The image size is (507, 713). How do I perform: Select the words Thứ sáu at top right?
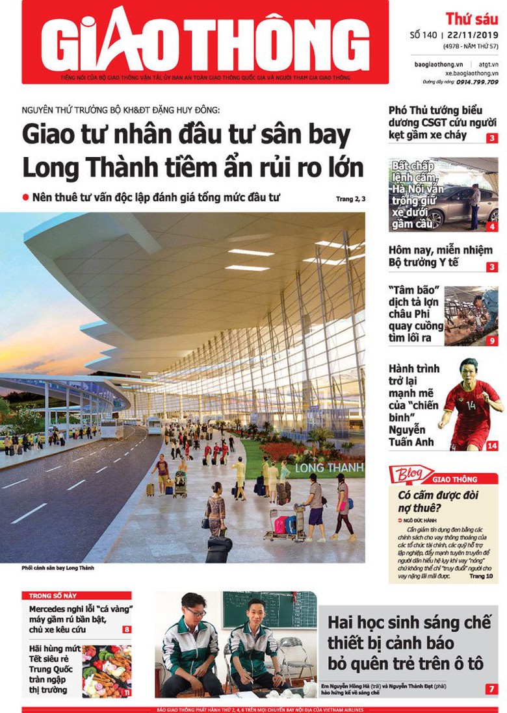(471, 18)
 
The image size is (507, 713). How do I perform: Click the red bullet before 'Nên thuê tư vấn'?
(25, 197)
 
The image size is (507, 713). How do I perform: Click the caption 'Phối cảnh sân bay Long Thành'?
(58, 568)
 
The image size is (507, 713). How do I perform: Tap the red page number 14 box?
(492, 445)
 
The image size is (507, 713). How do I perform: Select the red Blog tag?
(411, 475)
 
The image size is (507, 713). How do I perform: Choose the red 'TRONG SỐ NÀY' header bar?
(77, 595)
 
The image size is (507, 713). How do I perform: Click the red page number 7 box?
(492, 689)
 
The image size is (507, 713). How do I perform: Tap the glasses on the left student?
(196, 612)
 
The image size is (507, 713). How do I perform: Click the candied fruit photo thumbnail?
(107, 671)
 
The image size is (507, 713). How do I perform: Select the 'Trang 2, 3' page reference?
(350, 199)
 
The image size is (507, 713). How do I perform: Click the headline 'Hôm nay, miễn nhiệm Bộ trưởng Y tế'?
(440, 256)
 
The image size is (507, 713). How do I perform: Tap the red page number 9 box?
(492, 340)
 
